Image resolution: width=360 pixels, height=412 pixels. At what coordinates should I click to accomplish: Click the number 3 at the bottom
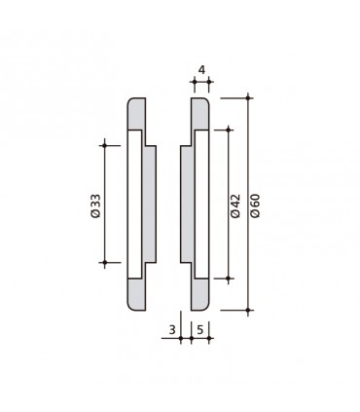(x=172, y=330)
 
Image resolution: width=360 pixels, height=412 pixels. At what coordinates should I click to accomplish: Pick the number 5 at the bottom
(x=199, y=330)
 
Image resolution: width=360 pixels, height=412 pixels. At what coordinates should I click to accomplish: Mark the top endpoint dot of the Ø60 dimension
(x=249, y=95)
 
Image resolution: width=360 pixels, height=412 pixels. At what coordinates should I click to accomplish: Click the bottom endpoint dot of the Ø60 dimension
(x=249, y=310)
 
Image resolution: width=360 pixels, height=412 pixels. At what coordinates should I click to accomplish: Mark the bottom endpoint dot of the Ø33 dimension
(x=103, y=263)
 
